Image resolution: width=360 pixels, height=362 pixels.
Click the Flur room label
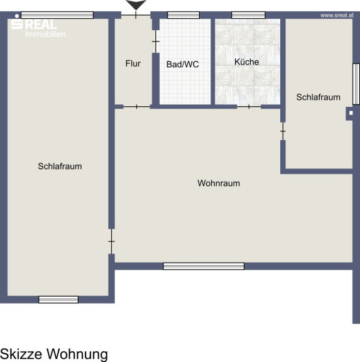[133, 63]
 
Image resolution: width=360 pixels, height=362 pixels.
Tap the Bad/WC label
[183, 64]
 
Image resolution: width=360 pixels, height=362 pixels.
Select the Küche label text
[246, 62]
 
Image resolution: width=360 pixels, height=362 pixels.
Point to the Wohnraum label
[219, 183]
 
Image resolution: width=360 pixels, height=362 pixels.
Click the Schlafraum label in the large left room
[60, 166]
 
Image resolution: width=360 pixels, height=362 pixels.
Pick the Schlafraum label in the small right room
[319, 97]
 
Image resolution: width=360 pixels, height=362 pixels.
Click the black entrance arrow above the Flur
[136, 4]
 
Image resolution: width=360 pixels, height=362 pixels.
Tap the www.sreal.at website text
[337, 15]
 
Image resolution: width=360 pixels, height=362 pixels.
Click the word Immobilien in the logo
[45, 34]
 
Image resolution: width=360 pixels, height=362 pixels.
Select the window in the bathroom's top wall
[183, 15]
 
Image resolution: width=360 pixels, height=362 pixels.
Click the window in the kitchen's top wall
[248, 15]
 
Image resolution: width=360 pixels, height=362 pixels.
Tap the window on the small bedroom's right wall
[356, 84]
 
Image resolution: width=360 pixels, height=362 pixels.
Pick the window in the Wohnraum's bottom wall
[204, 266]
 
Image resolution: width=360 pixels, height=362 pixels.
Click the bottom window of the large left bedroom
[58, 299]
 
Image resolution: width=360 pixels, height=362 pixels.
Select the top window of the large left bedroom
[57, 15]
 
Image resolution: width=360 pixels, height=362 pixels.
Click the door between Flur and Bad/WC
[156, 41]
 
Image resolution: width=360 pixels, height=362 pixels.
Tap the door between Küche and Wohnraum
[249, 107]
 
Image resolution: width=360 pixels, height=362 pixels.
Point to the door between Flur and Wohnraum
[136, 107]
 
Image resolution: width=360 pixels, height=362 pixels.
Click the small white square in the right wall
[351, 113]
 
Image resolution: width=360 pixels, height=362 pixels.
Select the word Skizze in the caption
[21, 354]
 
